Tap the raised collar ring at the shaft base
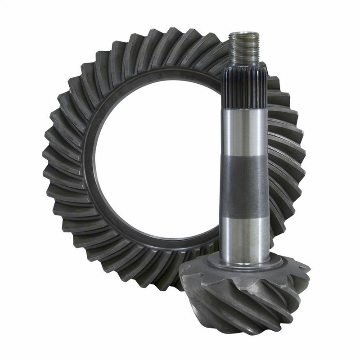(245, 263)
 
